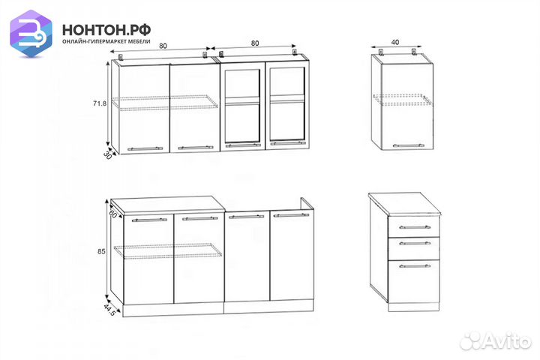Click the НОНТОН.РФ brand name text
point(106,30)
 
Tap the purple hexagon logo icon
point(31,34)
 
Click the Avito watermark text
point(496,340)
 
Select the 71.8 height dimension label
point(100,103)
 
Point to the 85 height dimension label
point(101,251)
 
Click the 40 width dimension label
point(395,42)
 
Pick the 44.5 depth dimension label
point(109,310)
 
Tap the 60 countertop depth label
point(112,214)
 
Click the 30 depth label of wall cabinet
point(107,154)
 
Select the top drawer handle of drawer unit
point(415,227)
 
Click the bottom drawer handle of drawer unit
point(415,266)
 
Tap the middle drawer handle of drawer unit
point(415,243)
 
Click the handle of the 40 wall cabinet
point(409,145)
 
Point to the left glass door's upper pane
point(242,83)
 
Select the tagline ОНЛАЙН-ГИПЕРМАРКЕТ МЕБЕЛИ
point(106,41)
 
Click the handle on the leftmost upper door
point(145,148)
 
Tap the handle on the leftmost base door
point(149,220)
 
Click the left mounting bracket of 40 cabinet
point(381,52)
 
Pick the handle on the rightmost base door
point(291,215)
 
